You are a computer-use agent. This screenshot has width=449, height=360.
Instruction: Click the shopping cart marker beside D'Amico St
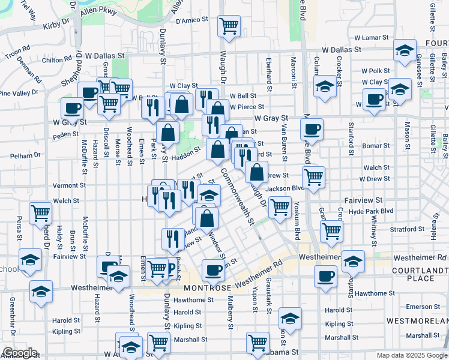click(228, 26)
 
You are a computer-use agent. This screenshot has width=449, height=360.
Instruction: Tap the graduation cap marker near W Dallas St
click(405, 50)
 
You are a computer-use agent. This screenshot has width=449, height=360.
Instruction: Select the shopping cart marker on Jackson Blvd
click(313, 177)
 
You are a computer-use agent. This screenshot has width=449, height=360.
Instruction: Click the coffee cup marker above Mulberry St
click(212, 270)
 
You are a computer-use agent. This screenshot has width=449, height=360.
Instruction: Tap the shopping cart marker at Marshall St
click(158, 343)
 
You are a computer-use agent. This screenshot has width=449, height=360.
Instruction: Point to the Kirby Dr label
click(56, 26)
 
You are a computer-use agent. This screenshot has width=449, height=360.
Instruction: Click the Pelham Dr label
click(25, 155)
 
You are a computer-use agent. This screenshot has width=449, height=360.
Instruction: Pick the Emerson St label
click(423, 307)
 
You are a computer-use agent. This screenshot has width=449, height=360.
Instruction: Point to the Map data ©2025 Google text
click(411, 355)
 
